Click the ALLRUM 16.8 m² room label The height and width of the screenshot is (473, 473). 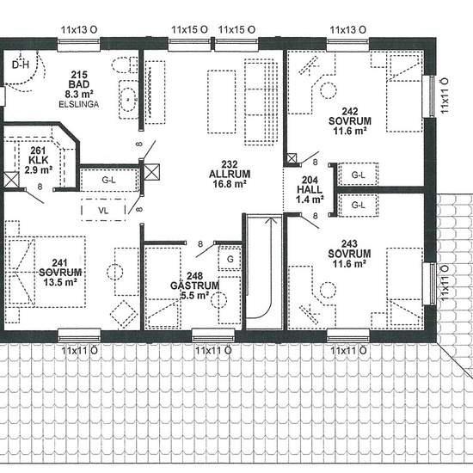click(x=230, y=174)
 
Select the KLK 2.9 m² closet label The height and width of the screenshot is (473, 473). click(x=39, y=160)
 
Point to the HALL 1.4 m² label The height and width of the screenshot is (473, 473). click(x=310, y=190)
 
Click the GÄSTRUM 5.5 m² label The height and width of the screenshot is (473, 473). click(x=194, y=286)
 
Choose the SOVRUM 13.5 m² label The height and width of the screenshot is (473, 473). click(x=60, y=273)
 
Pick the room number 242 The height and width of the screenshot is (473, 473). click(x=349, y=111)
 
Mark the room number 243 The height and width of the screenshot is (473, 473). click(x=349, y=243)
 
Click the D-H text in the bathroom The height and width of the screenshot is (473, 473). click(x=21, y=64)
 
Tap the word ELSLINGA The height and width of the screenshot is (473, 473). click(x=79, y=104)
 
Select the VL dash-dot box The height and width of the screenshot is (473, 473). click(x=103, y=210)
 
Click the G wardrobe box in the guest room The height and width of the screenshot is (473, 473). click(x=230, y=258)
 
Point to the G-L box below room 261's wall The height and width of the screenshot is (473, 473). click(x=108, y=180)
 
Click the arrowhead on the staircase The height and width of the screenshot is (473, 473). click(x=272, y=221)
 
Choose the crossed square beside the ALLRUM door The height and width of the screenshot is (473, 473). click(x=151, y=172)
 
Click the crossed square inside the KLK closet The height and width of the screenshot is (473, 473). click(x=11, y=180)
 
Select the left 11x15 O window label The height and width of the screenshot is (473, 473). click(x=190, y=29)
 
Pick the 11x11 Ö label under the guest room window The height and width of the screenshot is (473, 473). click(x=213, y=351)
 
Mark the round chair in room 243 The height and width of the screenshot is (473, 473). click(x=328, y=290)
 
